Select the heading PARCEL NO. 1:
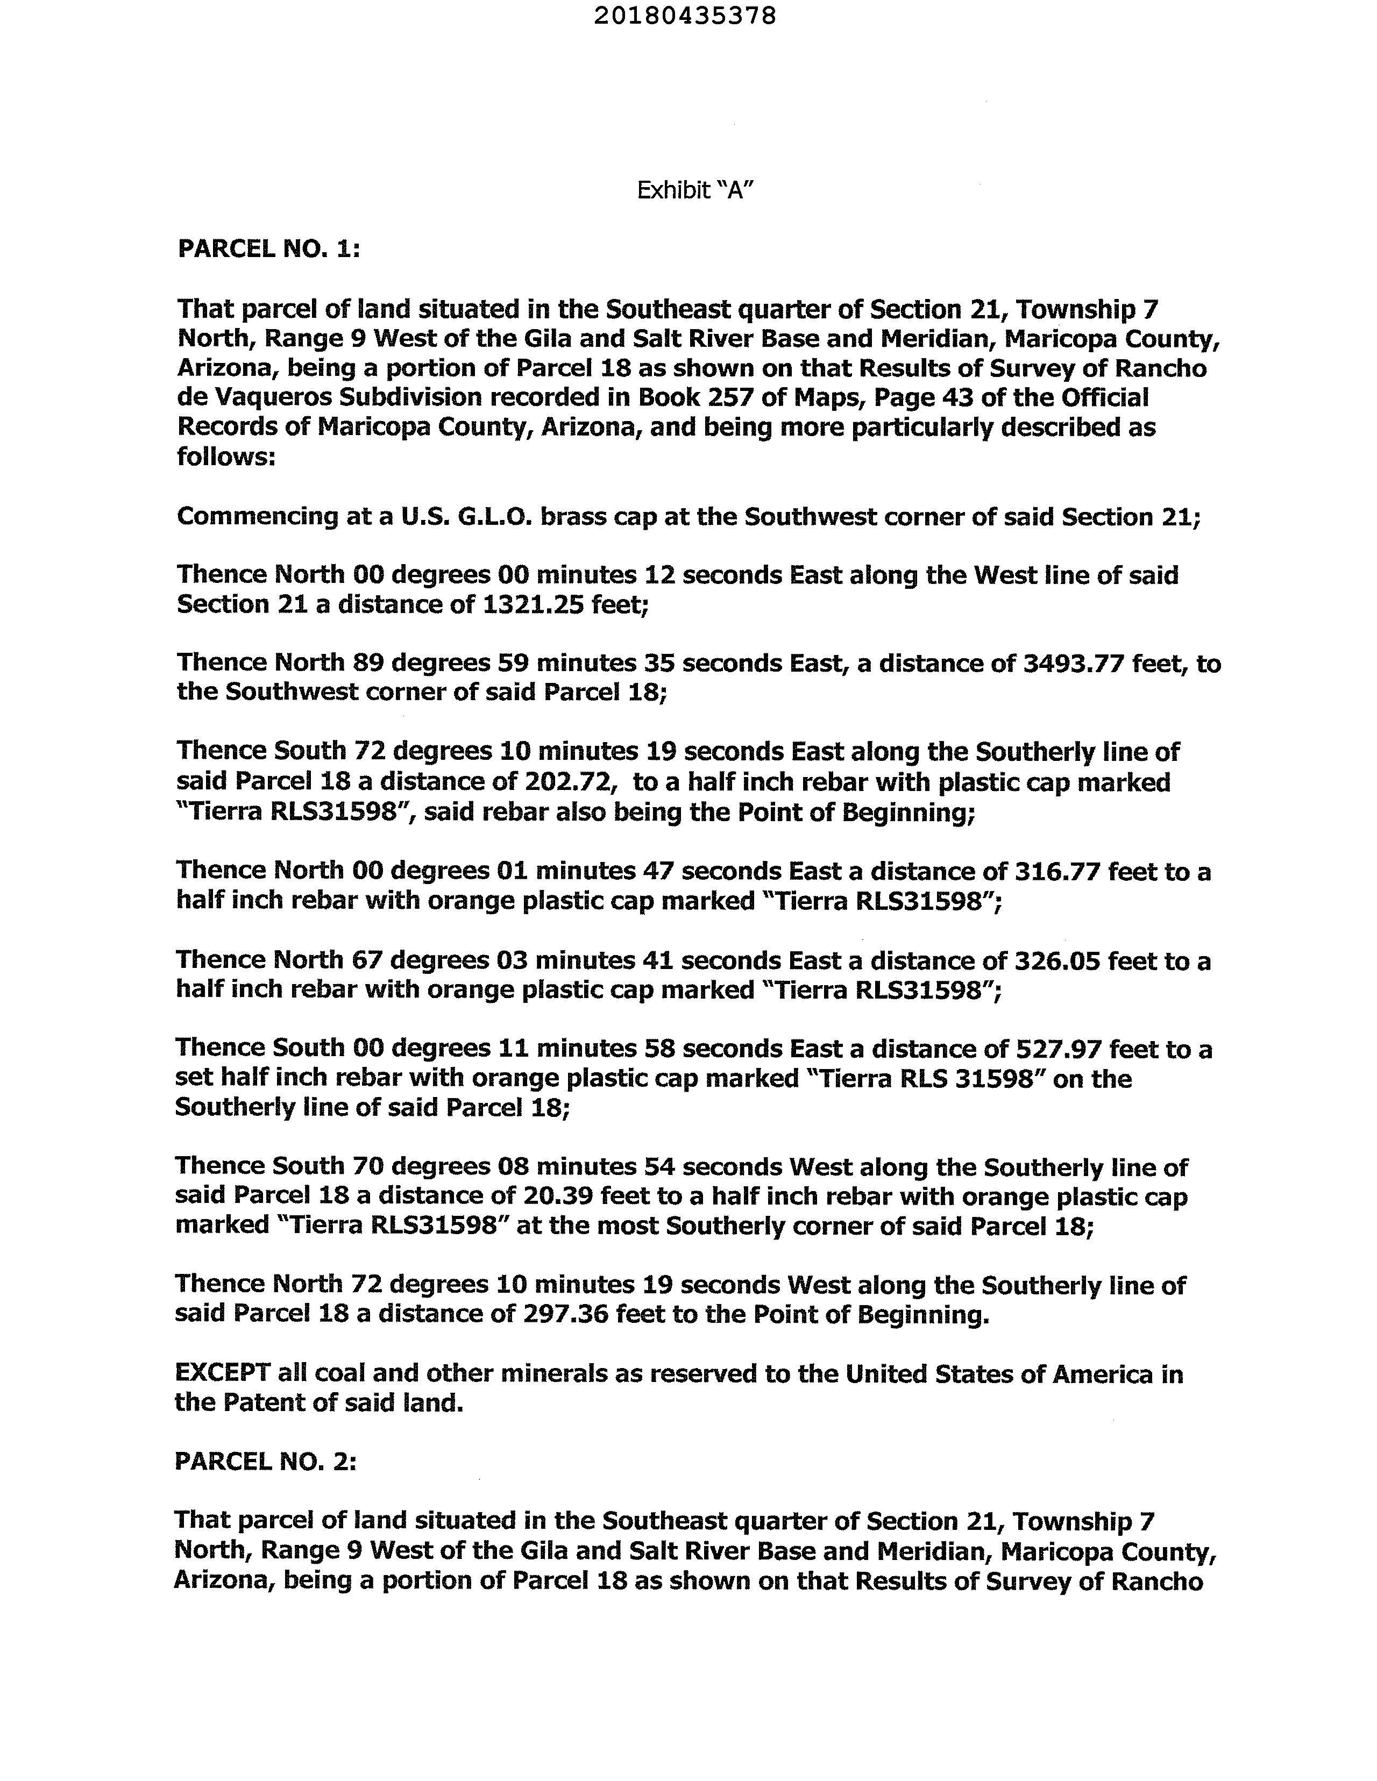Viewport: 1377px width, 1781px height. coord(268,249)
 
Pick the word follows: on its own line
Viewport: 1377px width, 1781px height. coord(226,456)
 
